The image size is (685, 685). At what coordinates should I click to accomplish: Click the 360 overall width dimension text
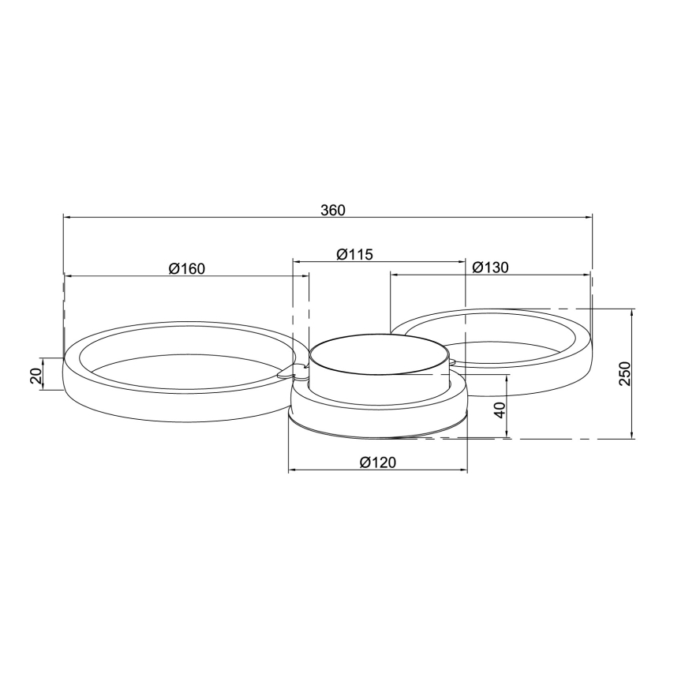[x=333, y=210]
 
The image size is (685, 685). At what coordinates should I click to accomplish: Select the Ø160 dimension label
[x=186, y=268]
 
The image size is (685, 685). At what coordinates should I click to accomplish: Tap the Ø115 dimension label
[x=354, y=254]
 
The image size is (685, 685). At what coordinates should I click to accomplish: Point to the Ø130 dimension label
[x=490, y=268]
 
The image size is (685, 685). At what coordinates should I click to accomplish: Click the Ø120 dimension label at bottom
[x=377, y=463]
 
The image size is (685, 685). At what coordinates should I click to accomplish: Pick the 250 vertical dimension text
[x=623, y=373]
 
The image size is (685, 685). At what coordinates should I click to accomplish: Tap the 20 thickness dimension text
[x=36, y=375]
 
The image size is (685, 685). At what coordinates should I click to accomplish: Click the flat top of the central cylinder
[x=379, y=352]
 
